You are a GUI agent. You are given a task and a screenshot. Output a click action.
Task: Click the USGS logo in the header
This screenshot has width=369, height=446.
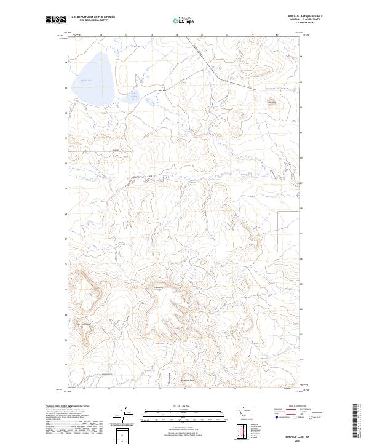tap(56, 20)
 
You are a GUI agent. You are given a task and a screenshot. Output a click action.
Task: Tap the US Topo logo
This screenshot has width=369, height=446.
tap(183, 20)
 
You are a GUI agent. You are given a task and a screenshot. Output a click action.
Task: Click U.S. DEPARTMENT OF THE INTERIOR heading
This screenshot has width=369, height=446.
tap(93, 17)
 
